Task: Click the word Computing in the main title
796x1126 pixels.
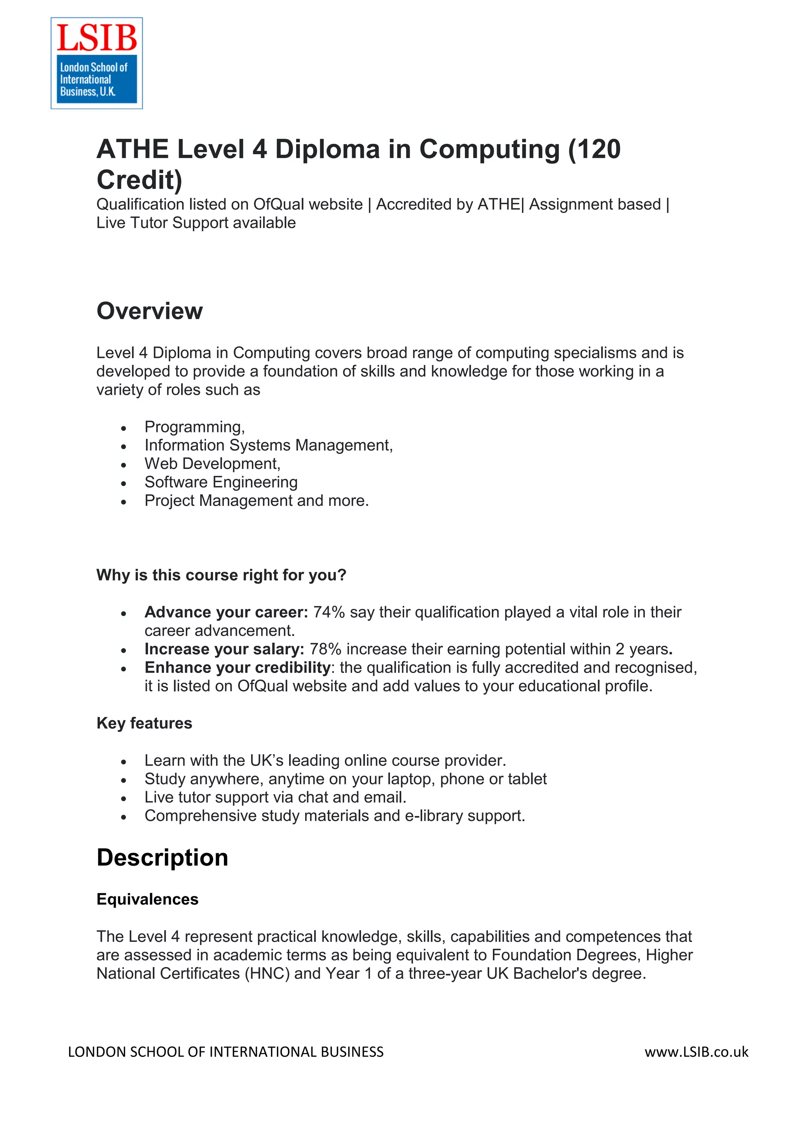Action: (x=489, y=149)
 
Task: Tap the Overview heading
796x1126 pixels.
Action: (x=150, y=311)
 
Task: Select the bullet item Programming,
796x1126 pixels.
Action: (x=194, y=427)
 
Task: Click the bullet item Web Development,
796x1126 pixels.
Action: (x=212, y=464)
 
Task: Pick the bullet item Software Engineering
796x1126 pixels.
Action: (x=221, y=482)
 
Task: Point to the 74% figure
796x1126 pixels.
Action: (x=329, y=612)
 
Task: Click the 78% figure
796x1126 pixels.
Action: (x=326, y=649)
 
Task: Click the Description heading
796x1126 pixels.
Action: (x=162, y=858)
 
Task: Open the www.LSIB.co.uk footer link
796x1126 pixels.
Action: (x=696, y=1052)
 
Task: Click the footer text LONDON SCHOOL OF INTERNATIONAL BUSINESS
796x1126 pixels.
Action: (x=225, y=1052)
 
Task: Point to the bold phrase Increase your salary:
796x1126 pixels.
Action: (x=224, y=649)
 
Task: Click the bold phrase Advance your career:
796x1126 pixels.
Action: (x=226, y=612)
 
